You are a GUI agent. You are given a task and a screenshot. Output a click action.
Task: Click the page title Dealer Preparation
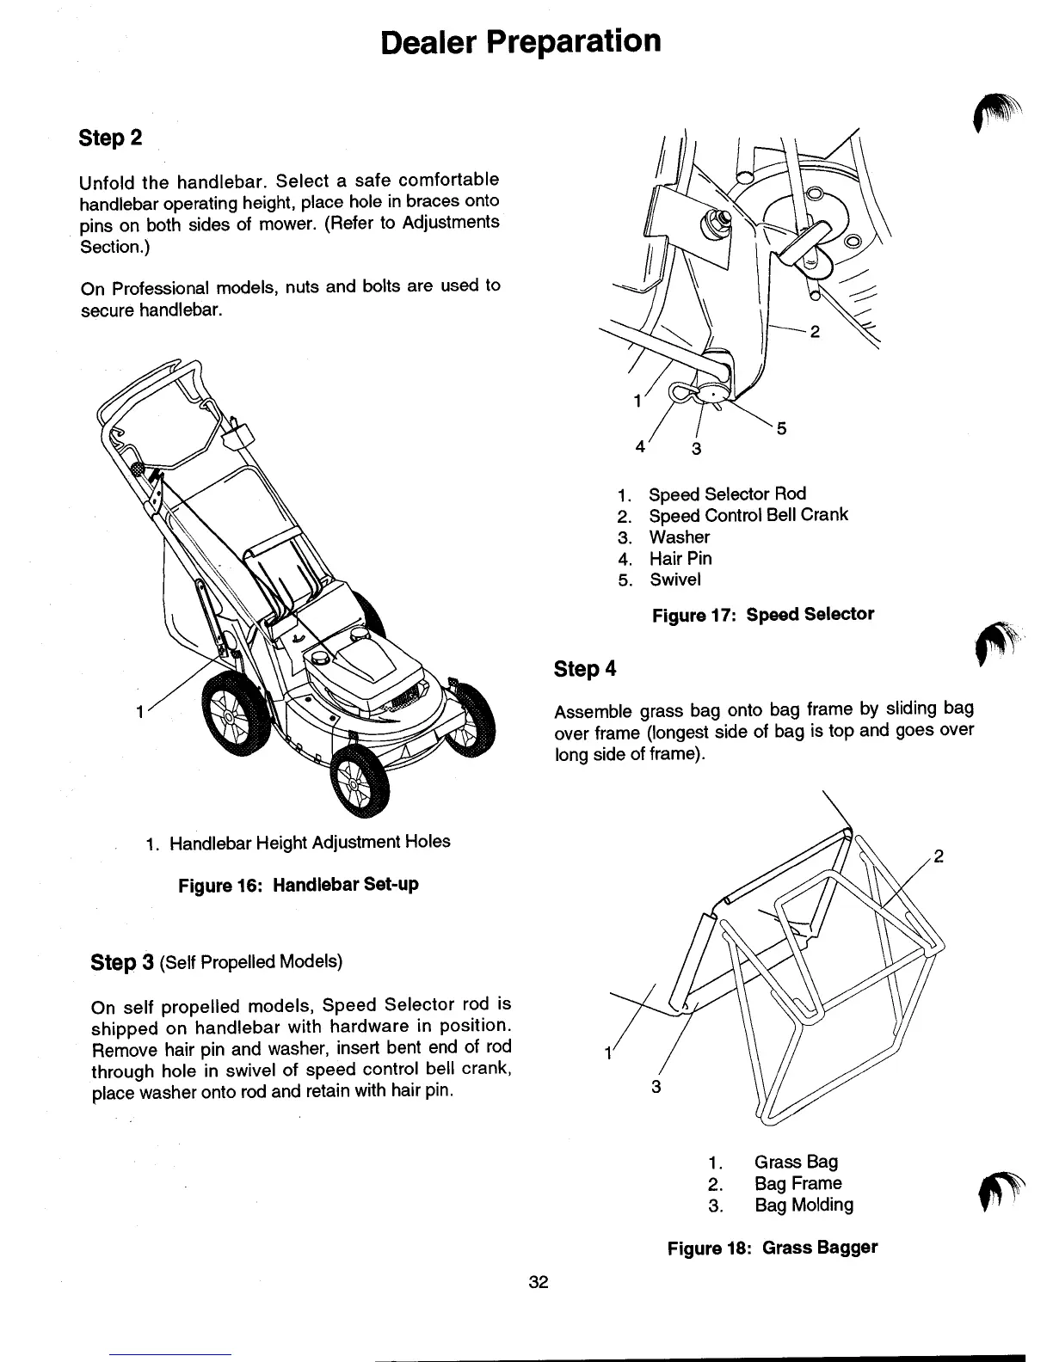[521, 41]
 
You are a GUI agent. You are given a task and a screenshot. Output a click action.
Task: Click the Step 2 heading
[110, 138]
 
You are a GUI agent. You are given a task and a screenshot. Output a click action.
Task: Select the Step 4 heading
[585, 668]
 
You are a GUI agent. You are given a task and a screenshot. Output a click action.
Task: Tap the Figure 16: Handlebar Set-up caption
[299, 884]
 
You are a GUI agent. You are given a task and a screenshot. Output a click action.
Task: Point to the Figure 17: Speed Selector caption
[762, 615]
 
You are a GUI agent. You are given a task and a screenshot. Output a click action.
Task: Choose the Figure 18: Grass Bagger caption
[773, 1247]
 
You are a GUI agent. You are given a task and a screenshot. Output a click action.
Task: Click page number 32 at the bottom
[539, 1282]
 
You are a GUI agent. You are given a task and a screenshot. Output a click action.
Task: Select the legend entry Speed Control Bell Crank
[748, 515]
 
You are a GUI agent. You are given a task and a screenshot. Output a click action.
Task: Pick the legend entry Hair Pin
[680, 558]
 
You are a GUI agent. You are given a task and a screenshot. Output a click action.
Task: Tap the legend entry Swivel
[674, 580]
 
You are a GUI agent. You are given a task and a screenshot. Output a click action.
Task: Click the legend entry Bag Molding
[804, 1205]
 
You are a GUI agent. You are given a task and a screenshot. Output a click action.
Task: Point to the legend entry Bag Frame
[797, 1183]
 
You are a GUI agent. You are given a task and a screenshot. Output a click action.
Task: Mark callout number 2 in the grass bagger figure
[939, 856]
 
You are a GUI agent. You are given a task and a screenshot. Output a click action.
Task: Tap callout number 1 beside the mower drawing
[139, 712]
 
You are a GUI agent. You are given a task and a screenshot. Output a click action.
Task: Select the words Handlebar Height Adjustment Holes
[310, 842]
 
